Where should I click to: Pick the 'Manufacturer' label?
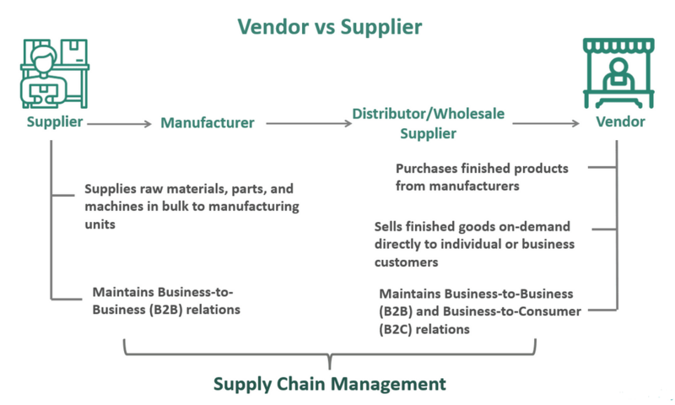(207, 123)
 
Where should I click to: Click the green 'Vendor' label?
(620, 122)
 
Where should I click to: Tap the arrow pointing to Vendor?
(548, 123)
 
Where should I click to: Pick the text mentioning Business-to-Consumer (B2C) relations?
(479, 311)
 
